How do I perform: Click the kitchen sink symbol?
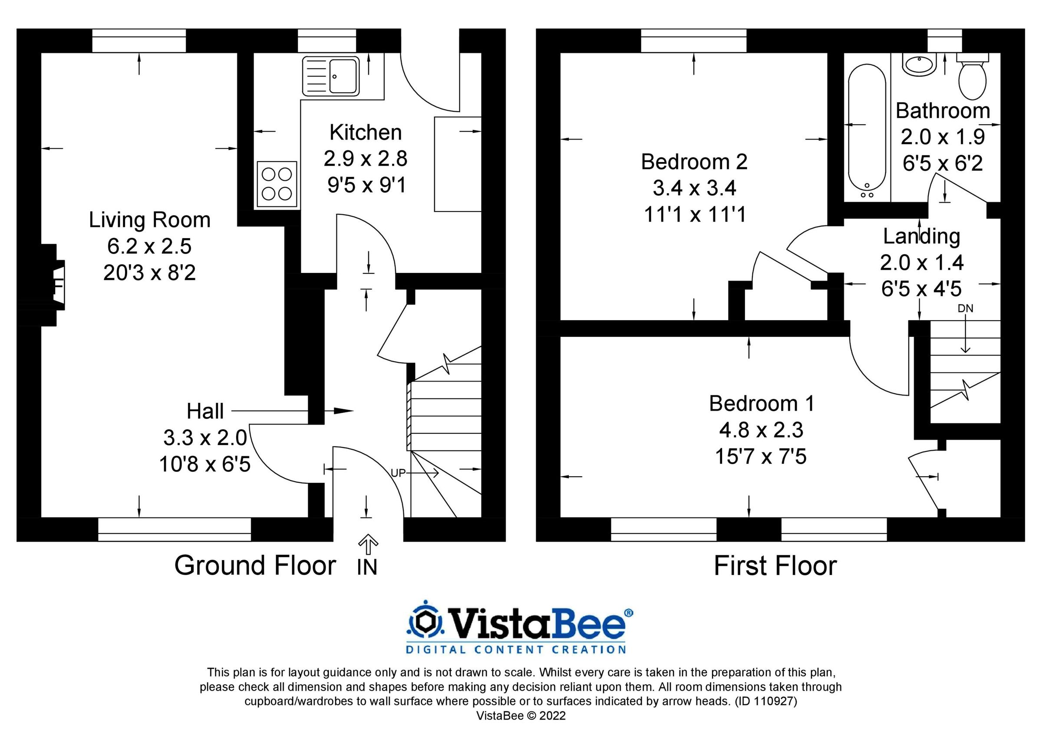(x=331, y=76)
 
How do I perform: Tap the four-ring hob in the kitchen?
(x=277, y=184)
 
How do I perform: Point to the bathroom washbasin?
(x=919, y=65)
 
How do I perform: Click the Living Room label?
(x=149, y=220)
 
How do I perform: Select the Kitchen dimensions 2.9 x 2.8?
(x=365, y=159)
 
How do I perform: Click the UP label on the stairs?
(x=398, y=473)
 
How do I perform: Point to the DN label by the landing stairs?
(x=965, y=309)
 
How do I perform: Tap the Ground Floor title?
(x=255, y=566)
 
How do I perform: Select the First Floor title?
(x=775, y=566)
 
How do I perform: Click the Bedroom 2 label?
(x=694, y=162)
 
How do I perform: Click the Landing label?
(x=921, y=236)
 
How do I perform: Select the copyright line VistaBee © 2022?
(x=521, y=716)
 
